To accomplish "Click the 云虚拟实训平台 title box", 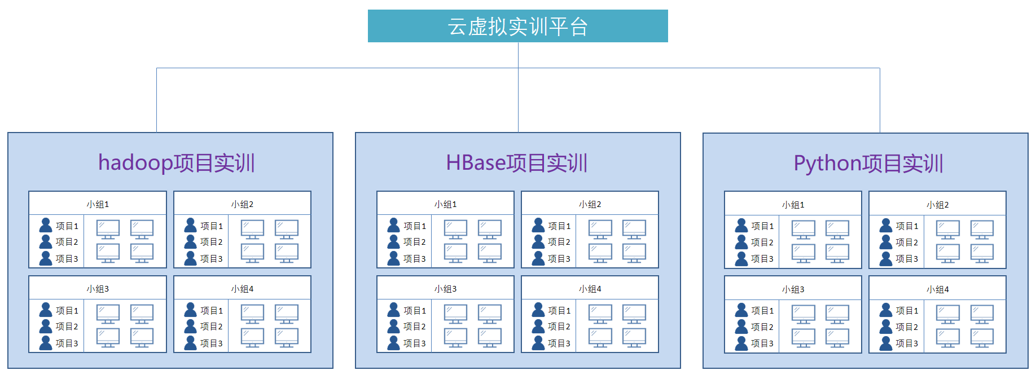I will coord(517,26).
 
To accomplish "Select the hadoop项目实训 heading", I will coord(176,163).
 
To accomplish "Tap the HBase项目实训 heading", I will coord(517,163).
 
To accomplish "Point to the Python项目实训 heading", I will coord(868,164).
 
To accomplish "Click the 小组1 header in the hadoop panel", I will coord(98,204).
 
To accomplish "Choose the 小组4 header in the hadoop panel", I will coord(242,289).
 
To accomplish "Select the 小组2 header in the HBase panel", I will coord(590,204).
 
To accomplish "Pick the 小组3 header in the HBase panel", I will coord(445,289).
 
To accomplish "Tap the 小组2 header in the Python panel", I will coord(937,205).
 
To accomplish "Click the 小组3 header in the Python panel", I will coord(793,289).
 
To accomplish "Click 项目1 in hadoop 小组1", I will coord(67,226).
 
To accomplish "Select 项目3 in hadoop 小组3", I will coord(67,343).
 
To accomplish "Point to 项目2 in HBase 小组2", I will coord(559,242).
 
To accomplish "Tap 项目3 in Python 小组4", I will coord(907,343).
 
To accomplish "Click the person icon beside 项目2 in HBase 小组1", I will coord(393,242).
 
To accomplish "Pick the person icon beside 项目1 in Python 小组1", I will coord(741,226).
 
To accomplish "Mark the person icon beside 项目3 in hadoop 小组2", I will coord(191,258).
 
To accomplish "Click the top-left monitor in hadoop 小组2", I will coord(252,229).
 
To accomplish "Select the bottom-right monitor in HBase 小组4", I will coord(634,337).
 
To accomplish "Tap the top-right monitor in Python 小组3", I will coord(837,314).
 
